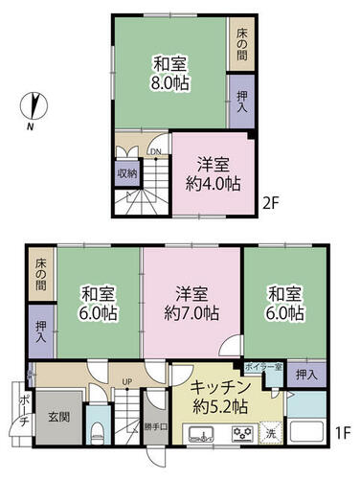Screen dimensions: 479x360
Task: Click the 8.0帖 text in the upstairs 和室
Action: tap(169, 83)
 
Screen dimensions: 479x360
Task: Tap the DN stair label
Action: tap(153, 152)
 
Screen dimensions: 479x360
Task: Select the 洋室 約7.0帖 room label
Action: tap(191, 304)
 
